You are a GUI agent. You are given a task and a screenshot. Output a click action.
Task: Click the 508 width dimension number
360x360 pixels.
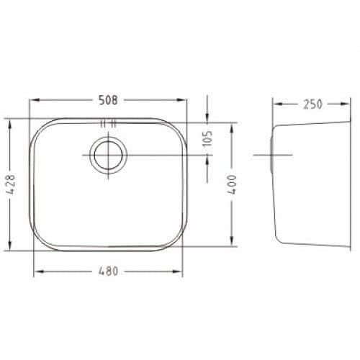coord(108,100)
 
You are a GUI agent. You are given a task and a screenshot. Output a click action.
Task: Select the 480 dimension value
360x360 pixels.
coord(108,271)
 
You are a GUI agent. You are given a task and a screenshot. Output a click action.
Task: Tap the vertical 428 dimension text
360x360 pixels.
coord(11,184)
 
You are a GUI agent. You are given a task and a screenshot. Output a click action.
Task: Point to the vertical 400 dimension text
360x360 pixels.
coord(233,184)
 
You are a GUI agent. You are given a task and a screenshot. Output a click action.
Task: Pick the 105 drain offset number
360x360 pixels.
coord(208,138)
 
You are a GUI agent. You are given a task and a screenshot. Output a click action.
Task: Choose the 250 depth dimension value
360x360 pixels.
coord(312,104)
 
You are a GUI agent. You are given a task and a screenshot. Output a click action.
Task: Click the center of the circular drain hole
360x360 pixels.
coord(108,155)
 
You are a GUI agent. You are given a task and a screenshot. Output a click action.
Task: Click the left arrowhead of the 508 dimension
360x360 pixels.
coord(34,100)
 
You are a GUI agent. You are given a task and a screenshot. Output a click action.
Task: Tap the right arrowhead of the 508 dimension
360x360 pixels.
coord(181,100)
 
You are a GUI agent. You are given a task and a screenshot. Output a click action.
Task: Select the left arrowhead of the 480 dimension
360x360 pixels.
coord(39,271)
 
